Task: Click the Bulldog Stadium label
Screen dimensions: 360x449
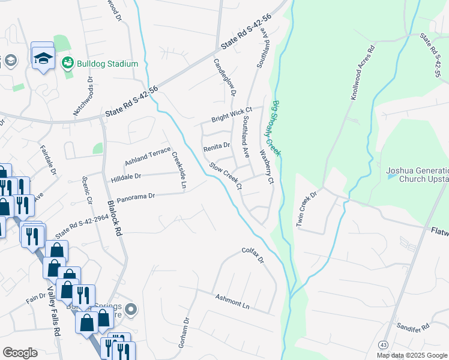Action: [x=107, y=64]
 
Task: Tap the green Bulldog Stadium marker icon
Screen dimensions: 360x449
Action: [x=68, y=63]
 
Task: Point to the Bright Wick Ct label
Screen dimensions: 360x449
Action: [x=231, y=115]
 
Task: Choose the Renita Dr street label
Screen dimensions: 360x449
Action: [x=217, y=146]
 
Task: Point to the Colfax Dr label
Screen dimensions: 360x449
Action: [x=253, y=255]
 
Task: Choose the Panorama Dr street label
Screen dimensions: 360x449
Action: [x=136, y=196]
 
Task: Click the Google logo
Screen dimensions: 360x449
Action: [x=19, y=353]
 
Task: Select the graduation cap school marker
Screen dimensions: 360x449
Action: [x=43, y=57]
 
